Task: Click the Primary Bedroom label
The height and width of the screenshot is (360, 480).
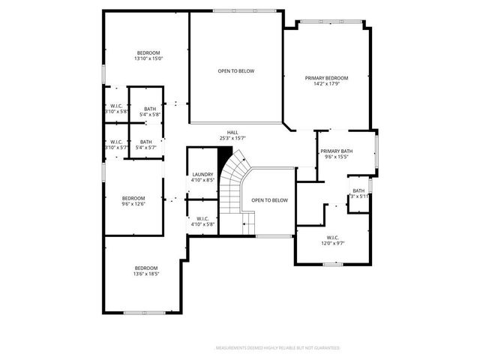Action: tap(326, 78)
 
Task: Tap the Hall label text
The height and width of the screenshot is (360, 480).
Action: tap(233, 132)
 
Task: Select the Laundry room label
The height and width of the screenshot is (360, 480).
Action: tap(202, 174)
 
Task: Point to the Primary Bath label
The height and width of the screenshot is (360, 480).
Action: tap(337, 151)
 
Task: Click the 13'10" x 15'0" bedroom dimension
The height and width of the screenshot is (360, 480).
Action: tap(148, 58)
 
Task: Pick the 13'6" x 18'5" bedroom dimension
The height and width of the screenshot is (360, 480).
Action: tap(146, 274)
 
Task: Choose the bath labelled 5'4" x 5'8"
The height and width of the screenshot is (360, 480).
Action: tap(150, 112)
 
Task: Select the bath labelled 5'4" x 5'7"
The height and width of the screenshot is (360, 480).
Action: tap(145, 145)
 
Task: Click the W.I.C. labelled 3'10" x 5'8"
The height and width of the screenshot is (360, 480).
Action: tap(116, 109)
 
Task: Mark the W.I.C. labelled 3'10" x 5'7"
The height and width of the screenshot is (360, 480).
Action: tap(116, 145)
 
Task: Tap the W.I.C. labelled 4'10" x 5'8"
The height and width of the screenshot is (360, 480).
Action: tap(202, 220)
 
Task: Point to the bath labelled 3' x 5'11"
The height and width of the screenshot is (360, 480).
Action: tap(358, 193)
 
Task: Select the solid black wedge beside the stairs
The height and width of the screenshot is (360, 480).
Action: tap(223, 157)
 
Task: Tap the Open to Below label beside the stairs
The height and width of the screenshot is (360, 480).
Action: tap(269, 200)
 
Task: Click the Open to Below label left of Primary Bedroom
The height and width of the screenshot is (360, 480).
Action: tap(236, 71)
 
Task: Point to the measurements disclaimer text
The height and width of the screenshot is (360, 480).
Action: tap(277, 348)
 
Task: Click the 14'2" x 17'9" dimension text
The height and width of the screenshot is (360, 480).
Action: tap(326, 85)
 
